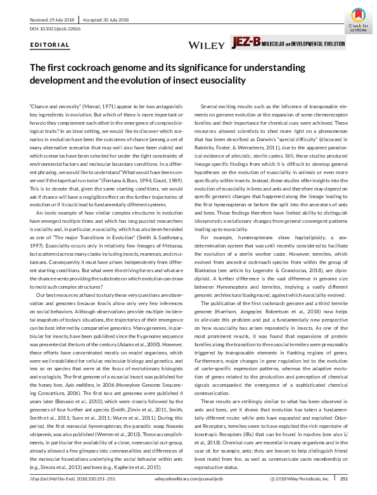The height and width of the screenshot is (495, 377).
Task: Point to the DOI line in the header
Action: [56, 29]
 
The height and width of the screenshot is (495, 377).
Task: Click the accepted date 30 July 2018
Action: [108, 18]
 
